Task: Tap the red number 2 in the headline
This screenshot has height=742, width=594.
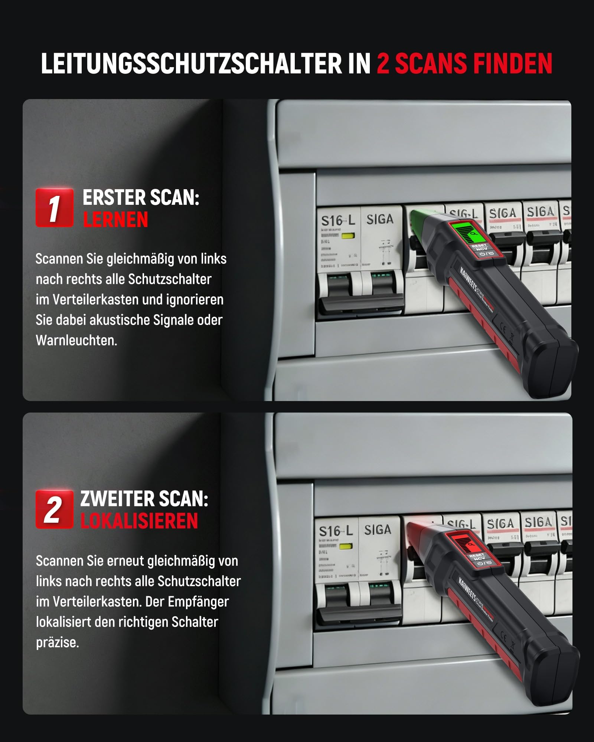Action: click(383, 64)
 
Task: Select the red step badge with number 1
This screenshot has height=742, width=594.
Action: click(54, 208)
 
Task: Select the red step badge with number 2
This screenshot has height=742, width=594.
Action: click(54, 509)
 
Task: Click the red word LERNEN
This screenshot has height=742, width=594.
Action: click(115, 220)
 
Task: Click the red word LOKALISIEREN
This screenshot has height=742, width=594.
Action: click(139, 521)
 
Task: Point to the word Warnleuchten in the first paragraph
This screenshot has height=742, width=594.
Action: click(76, 341)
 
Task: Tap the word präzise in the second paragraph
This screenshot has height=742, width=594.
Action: click(57, 642)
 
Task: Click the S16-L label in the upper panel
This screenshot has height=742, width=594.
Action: click(337, 221)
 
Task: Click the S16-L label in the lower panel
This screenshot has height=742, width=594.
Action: click(336, 531)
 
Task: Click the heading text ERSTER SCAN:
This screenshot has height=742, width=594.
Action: click(141, 197)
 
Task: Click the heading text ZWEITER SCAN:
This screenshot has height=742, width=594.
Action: click(144, 499)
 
